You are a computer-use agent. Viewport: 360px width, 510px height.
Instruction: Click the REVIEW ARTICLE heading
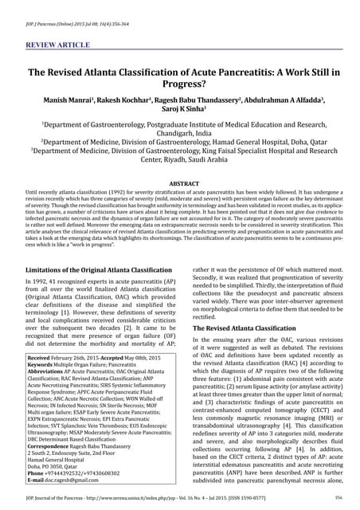[x=58, y=36]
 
